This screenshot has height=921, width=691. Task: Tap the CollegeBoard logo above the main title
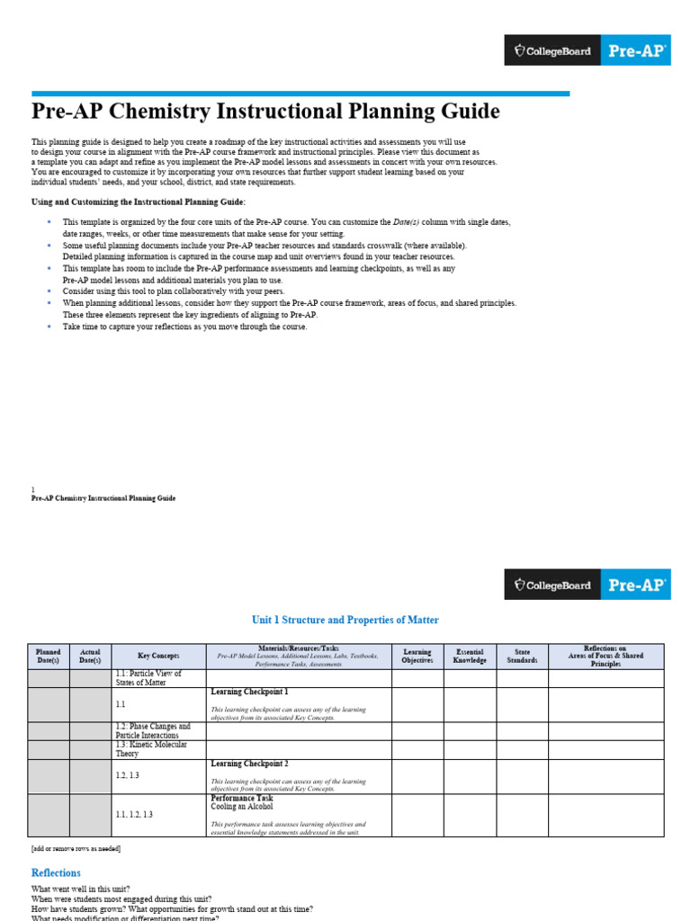(552, 51)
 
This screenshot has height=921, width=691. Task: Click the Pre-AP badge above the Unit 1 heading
(638, 585)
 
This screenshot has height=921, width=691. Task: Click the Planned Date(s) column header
(49, 657)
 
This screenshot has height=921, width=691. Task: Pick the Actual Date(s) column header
(91, 657)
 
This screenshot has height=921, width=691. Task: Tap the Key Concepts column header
(158, 657)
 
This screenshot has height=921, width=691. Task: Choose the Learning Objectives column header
(417, 657)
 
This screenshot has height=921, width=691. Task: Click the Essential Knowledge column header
(470, 657)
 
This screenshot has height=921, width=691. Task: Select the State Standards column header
(522, 657)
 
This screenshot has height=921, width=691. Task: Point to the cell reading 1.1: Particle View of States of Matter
(148, 678)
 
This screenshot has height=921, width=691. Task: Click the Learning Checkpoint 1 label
(249, 692)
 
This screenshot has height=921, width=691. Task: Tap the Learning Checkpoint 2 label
(249, 764)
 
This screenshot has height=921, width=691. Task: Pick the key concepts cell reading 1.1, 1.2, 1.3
(134, 815)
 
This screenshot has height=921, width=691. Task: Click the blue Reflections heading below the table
(56, 872)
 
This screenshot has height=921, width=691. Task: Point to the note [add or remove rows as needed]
(76, 848)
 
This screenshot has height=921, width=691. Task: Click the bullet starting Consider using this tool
(173, 291)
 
